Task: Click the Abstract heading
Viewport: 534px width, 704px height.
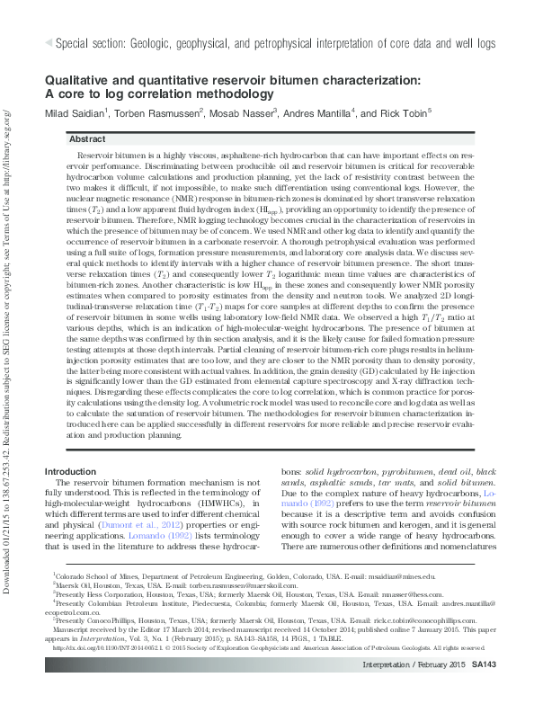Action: pos(87,139)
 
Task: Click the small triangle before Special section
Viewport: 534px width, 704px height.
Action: pos(49,42)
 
